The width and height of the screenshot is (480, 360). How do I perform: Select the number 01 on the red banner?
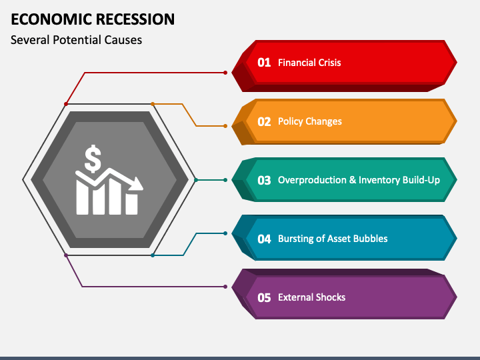[264, 63]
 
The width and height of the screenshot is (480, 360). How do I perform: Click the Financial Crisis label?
[309, 63]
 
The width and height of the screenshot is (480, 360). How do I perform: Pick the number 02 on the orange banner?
[264, 121]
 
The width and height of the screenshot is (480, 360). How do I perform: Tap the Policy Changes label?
[310, 121]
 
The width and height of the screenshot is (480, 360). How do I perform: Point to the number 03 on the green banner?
[264, 180]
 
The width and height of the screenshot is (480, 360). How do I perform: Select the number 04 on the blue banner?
[264, 239]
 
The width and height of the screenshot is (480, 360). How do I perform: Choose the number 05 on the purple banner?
[264, 297]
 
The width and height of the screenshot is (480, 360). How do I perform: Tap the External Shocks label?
[311, 297]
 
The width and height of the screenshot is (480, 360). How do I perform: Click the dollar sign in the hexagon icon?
[93, 159]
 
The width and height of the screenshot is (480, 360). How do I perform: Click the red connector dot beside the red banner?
[225, 73]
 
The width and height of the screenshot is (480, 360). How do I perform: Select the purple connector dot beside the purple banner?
[225, 287]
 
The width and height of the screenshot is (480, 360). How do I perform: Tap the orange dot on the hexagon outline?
[153, 104]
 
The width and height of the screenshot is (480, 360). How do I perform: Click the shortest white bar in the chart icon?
[131, 204]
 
